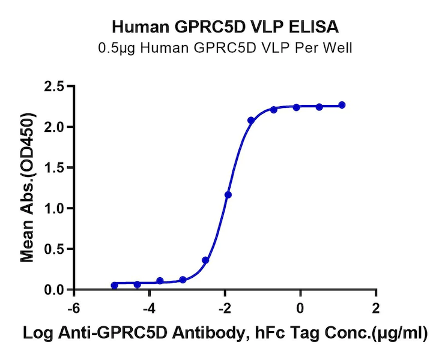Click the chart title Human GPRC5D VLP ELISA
click(x=225, y=26)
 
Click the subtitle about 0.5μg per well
click(x=225, y=48)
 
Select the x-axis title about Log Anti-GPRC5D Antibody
click(x=225, y=334)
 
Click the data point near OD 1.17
click(x=228, y=195)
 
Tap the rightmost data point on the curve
click(x=342, y=105)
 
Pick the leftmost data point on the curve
click(x=115, y=286)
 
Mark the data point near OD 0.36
click(x=205, y=260)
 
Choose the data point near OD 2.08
click(x=251, y=121)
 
